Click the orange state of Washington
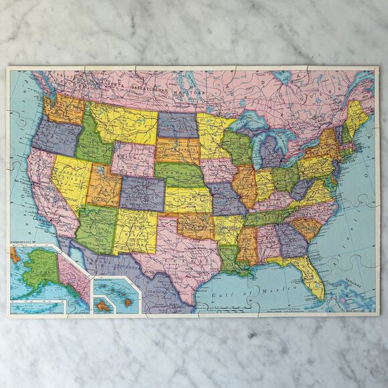[x=64, y=107]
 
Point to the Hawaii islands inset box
[x=114, y=295]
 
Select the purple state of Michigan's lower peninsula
[x=272, y=151]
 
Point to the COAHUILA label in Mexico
[x=160, y=291]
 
